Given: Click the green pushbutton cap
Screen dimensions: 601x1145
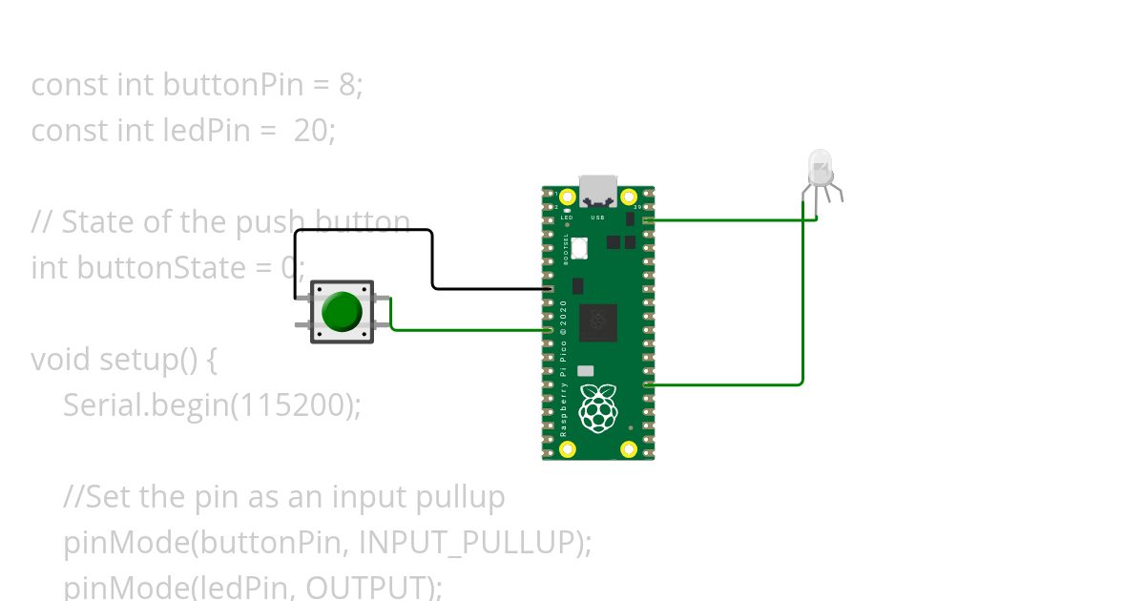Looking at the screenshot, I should [x=341, y=311].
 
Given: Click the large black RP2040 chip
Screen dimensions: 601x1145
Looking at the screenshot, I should [x=599, y=321].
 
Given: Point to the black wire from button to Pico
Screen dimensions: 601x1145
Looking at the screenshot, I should [x=432, y=258].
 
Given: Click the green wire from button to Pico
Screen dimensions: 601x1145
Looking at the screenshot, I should [x=468, y=330].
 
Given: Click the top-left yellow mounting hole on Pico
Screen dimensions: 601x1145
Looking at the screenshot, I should [x=567, y=197].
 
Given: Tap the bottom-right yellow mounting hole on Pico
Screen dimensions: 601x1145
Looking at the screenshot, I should [x=629, y=448].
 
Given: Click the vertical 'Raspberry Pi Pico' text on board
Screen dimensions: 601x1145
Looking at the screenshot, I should [x=564, y=367].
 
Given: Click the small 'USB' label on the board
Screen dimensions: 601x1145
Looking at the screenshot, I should [x=598, y=218].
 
